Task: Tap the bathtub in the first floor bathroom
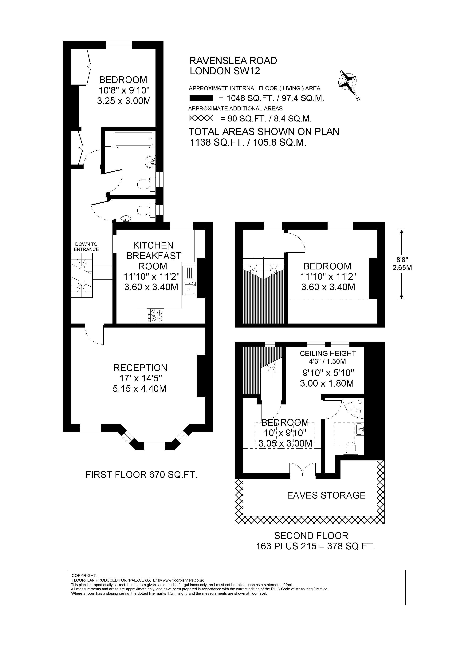133,139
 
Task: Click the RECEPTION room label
140,368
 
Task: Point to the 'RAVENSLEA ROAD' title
233,61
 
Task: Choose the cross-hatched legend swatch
201,118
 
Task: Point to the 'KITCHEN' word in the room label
153,245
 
